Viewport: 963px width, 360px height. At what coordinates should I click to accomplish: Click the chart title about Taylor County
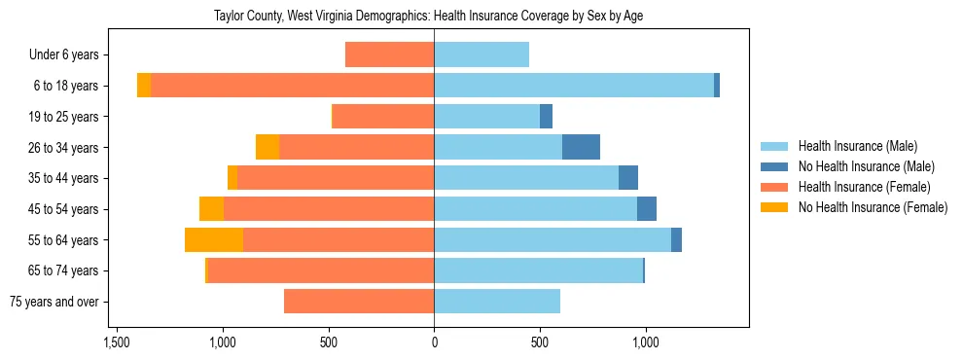click(x=428, y=16)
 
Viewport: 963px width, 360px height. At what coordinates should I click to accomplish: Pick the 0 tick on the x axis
click(x=434, y=342)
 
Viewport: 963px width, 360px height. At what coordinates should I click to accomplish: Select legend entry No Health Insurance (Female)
click(x=873, y=207)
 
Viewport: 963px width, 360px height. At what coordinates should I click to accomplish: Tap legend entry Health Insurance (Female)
click(x=864, y=187)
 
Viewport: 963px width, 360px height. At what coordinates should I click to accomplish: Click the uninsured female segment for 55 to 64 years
click(x=214, y=240)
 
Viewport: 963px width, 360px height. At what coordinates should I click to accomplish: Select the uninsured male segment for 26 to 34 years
click(x=581, y=148)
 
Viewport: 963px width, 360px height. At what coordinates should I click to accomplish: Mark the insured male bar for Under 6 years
click(x=481, y=55)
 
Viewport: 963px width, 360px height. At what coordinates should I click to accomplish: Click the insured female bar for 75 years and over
click(x=359, y=302)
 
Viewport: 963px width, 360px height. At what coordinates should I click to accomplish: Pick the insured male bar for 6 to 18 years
click(x=574, y=86)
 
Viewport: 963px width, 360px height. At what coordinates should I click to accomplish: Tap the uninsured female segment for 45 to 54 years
click(x=211, y=209)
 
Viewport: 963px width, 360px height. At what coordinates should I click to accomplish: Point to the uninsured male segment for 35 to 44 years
click(x=628, y=178)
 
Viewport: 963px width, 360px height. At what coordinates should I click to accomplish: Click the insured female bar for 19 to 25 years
click(x=383, y=117)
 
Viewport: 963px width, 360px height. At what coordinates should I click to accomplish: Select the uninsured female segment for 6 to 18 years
click(x=144, y=86)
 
